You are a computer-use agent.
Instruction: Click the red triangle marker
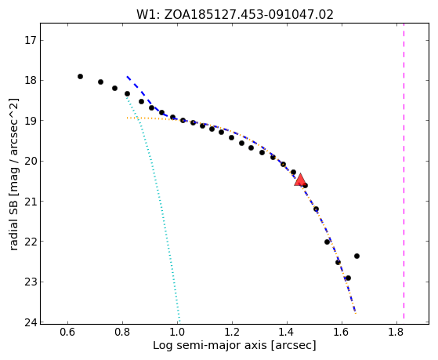(300, 180)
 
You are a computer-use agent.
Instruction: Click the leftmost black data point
(80, 76)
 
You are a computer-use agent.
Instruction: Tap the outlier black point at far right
(357, 256)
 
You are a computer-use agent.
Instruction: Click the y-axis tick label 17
(31, 41)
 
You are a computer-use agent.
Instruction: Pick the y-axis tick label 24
(31, 322)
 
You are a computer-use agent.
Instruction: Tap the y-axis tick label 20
(31, 162)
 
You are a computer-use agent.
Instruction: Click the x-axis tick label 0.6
(67, 332)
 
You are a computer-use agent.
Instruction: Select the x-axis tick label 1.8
(396, 332)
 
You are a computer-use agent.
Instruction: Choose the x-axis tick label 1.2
(232, 332)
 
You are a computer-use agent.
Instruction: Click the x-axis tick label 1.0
(177, 332)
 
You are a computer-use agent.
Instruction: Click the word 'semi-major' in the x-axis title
(209, 345)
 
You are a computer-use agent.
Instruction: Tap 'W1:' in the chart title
(148, 15)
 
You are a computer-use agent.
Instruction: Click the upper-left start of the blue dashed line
(127, 76)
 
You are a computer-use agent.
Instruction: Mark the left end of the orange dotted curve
(127, 118)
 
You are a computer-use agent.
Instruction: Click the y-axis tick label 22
(31, 242)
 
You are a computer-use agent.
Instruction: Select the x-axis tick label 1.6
(342, 332)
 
